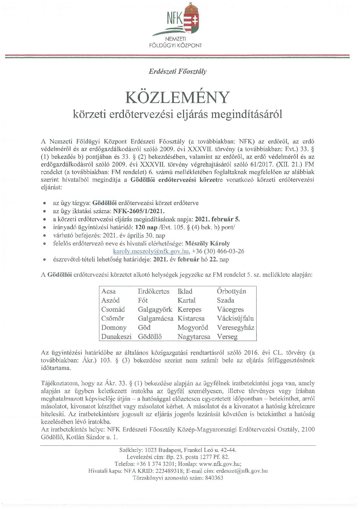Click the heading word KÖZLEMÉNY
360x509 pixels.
click(178, 98)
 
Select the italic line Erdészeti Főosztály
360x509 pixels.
click(178, 71)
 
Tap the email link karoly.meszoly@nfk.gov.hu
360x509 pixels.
click(151, 252)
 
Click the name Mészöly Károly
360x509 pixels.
click(207, 243)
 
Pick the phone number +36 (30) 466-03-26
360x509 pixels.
click(218, 252)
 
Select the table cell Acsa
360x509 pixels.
click(109, 291)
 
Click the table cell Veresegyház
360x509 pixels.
click(235, 328)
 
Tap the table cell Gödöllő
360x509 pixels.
click(150, 337)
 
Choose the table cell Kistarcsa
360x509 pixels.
click(191, 319)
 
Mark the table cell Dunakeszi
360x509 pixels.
click(116, 337)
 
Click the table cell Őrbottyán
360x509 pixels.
click(231, 291)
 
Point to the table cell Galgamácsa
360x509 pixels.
click(155, 319)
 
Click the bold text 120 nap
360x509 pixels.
click(146, 227)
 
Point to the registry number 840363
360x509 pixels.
click(213, 478)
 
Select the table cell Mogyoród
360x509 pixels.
click(193, 328)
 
